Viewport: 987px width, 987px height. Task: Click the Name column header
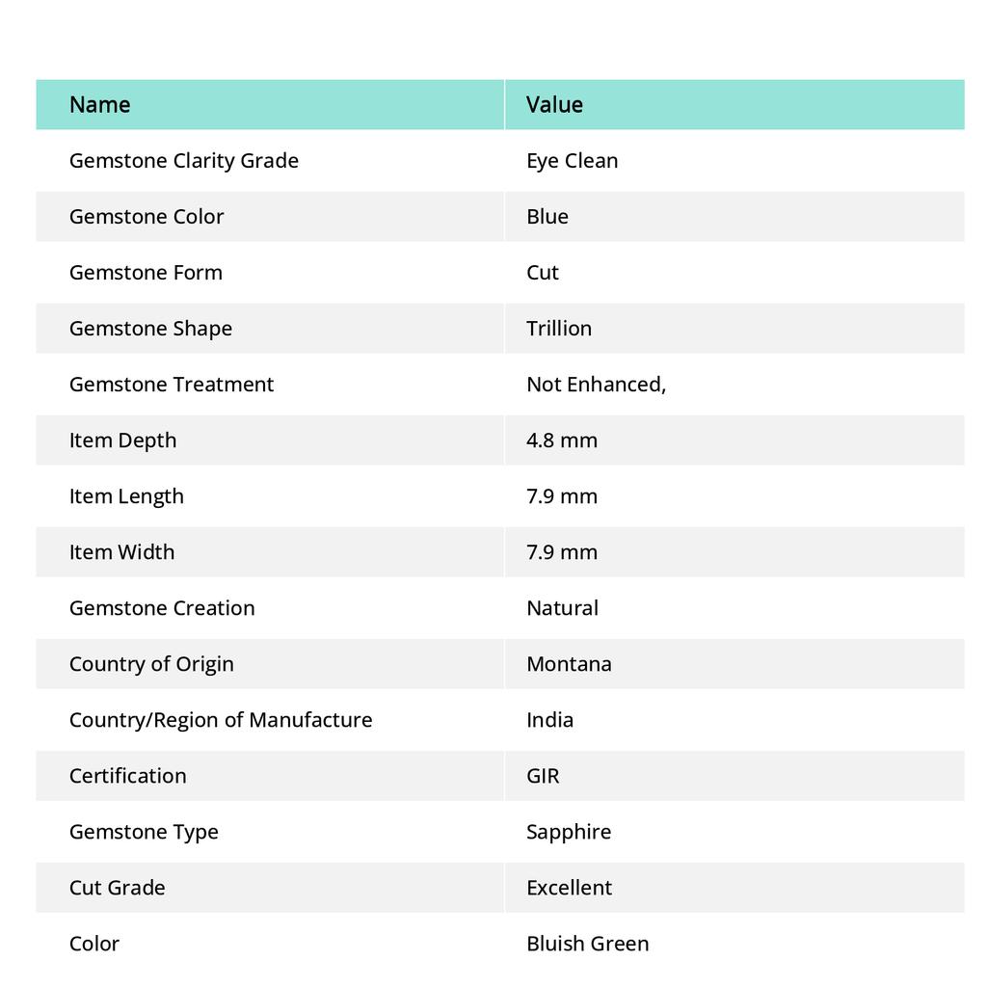[x=99, y=104]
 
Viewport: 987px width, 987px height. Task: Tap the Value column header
[x=554, y=104]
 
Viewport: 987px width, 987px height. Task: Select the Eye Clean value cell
[x=572, y=160]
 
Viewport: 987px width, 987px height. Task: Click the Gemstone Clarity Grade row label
[x=183, y=160]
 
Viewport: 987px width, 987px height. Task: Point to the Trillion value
[x=559, y=328]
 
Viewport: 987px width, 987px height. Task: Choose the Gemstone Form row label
[x=146, y=272]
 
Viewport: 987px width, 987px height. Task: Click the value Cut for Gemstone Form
[x=543, y=272]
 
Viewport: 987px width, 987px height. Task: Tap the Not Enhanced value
[x=596, y=384]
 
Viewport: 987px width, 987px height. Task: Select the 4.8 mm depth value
[x=562, y=440]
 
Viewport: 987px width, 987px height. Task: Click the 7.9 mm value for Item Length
[x=562, y=495]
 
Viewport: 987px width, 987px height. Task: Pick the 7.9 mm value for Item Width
[x=562, y=551]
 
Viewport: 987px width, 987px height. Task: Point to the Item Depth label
[x=122, y=440]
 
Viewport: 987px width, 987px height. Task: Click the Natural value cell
[x=562, y=607]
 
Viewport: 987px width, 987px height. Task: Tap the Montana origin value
[x=569, y=663]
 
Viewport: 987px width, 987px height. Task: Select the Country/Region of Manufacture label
[x=221, y=719]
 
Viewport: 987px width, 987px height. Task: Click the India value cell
[x=549, y=719]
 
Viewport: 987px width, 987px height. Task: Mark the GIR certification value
[x=543, y=775]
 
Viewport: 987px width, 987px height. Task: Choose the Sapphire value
[x=569, y=831]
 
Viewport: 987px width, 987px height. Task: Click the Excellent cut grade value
[x=569, y=887]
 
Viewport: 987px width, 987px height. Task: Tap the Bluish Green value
[x=587, y=943]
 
